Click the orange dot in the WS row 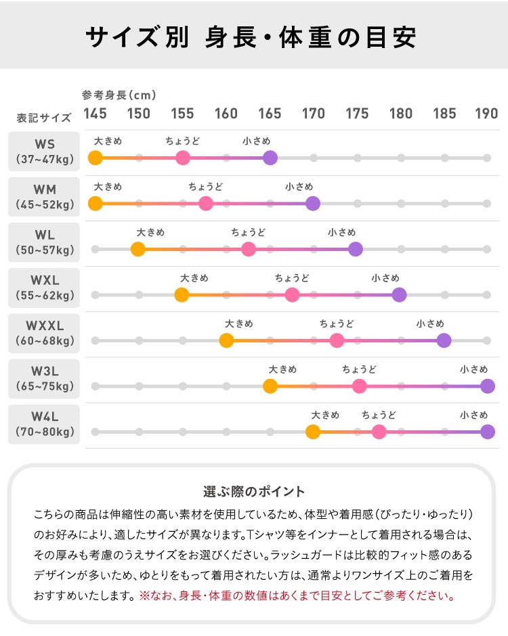click(x=95, y=158)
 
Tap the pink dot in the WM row click(x=206, y=203)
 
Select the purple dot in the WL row click(x=356, y=248)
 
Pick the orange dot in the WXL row click(x=182, y=294)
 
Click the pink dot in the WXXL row click(x=337, y=340)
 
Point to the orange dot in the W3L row click(x=270, y=386)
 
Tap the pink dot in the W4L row click(x=379, y=432)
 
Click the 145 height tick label click(x=95, y=114)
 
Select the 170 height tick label click(x=313, y=114)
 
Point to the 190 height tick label click(x=486, y=114)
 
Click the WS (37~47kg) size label click(x=44, y=152)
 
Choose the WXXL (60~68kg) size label click(x=44, y=333)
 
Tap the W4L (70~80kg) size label click(x=44, y=424)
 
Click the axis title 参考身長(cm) click(x=119, y=95)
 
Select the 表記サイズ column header click(x=44, y=117)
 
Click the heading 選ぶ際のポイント click(x=254, y=492)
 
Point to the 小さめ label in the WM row click(x=299, y=186)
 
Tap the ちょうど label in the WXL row click(x=292, y=278)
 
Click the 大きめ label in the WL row click(x=150, y=232)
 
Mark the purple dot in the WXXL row click(x=444, y=340)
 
